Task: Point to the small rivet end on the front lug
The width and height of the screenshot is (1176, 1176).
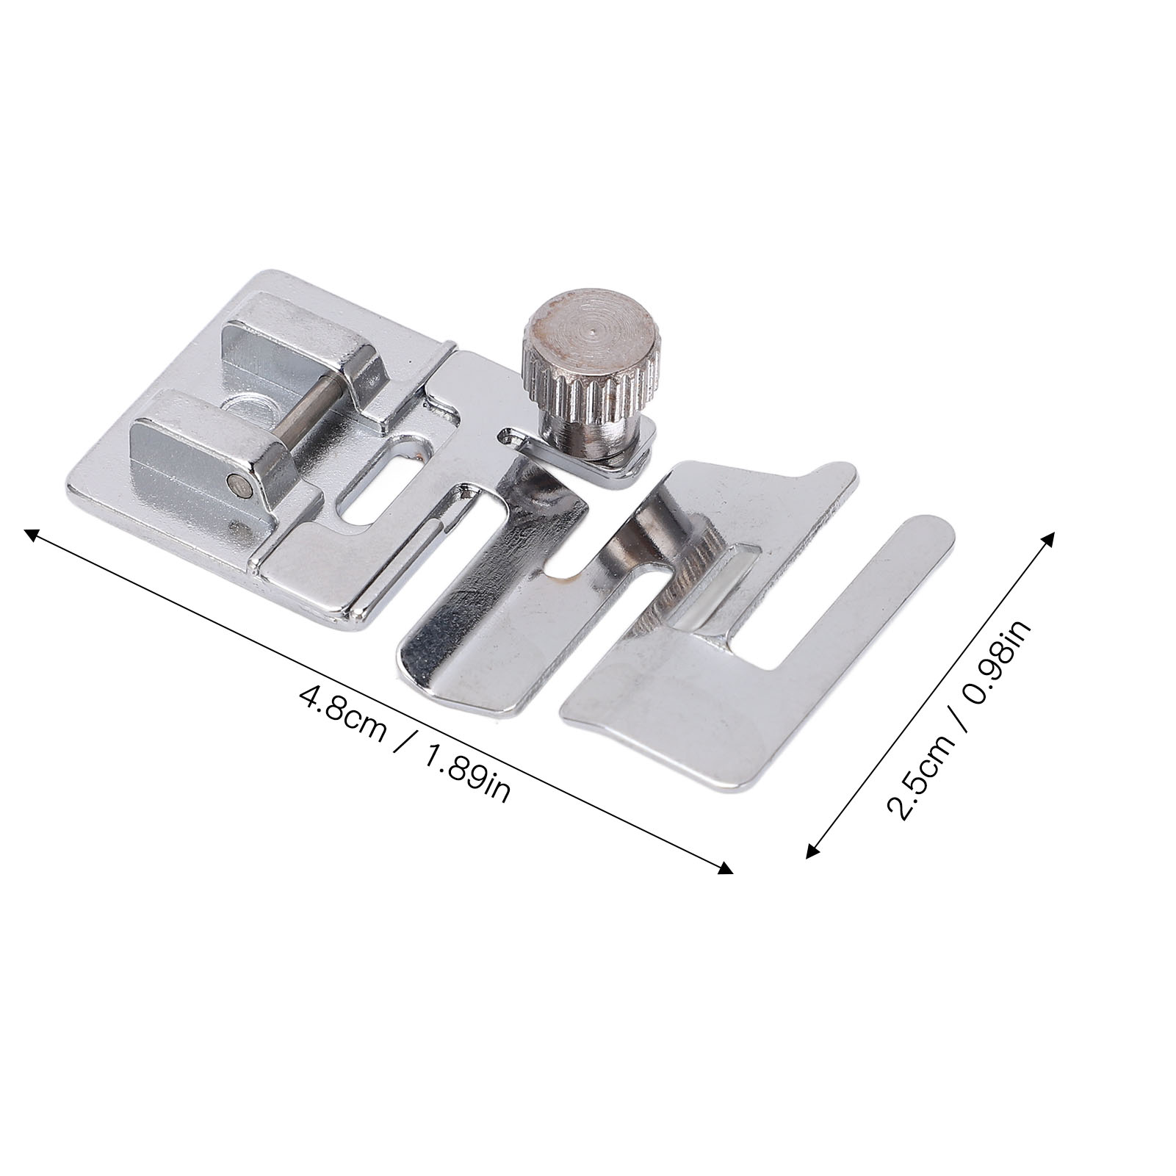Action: click(235, 483)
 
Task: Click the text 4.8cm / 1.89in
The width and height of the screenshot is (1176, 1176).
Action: click(405, 745)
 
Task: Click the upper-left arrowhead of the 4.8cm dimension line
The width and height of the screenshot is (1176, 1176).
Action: click(33, 534)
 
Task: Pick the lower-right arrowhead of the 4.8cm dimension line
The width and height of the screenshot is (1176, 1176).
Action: click(724, 867)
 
